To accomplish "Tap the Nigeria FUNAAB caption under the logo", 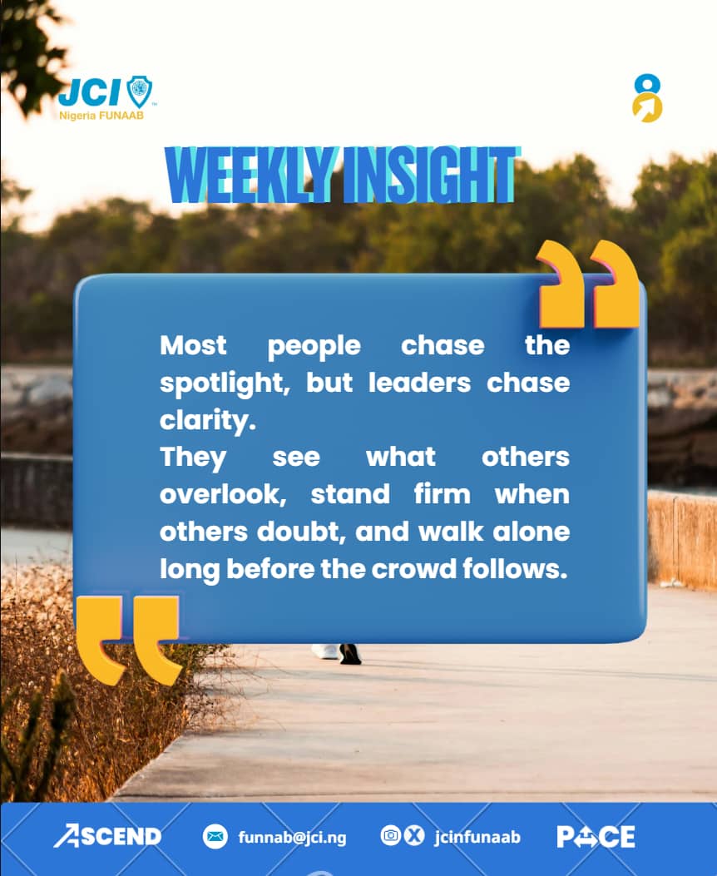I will [x=101, y=115].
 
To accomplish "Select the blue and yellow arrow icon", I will [x=647, y=98].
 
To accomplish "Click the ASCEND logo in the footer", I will [x=107, y=836].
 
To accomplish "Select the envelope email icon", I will [x=215, y=836].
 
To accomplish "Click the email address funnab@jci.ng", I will [x=292, y=837].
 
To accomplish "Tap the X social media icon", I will [x=413, y=835].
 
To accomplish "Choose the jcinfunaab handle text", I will [x=477, y=837].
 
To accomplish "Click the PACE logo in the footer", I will [x=596, y=836].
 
